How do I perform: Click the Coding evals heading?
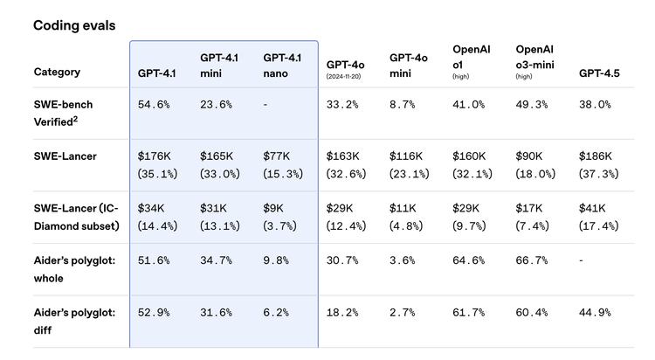74,25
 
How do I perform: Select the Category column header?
57,72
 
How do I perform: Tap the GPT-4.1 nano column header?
282,66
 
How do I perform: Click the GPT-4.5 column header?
599,73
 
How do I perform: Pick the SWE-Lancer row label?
65,156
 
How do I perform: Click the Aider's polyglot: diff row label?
74,321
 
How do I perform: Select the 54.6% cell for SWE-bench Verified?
154,105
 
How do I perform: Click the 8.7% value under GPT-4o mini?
403,105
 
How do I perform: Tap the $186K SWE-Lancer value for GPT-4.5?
596,156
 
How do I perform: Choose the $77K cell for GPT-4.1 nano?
277,156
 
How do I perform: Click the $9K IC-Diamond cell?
273,208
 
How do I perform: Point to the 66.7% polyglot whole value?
531,260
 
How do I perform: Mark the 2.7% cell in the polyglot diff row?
403,313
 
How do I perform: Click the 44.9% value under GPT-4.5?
595,313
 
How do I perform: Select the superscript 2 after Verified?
75,119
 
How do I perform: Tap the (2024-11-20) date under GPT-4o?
343,77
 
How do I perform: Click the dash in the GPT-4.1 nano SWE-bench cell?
265,105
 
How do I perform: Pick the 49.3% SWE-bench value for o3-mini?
531,105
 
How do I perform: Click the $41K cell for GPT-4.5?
592,208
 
